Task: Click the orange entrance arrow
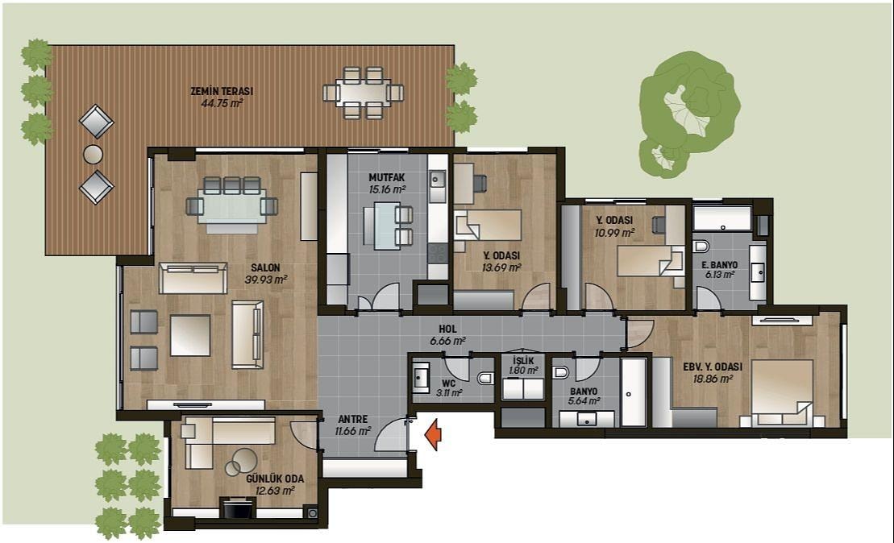[434, 434]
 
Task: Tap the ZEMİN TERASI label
[222, 91]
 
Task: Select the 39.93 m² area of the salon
[266, 280]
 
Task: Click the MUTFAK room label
[387, 178]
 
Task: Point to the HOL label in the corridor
[447, 330]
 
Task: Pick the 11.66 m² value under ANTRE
[353, 431]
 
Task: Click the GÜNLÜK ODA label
[275, 479]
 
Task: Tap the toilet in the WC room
[486, 379]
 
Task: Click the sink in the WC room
[421, 376]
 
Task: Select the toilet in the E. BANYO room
[701, 247]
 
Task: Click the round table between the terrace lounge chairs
[93, 154]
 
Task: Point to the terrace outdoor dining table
[364, 93]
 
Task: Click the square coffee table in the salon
[190, 335]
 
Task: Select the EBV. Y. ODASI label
[713, 367]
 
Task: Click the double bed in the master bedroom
[782, 392]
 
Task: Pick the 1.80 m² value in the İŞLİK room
[523, 371]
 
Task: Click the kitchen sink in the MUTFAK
[438, 180]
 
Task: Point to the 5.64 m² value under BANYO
[584, 401]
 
